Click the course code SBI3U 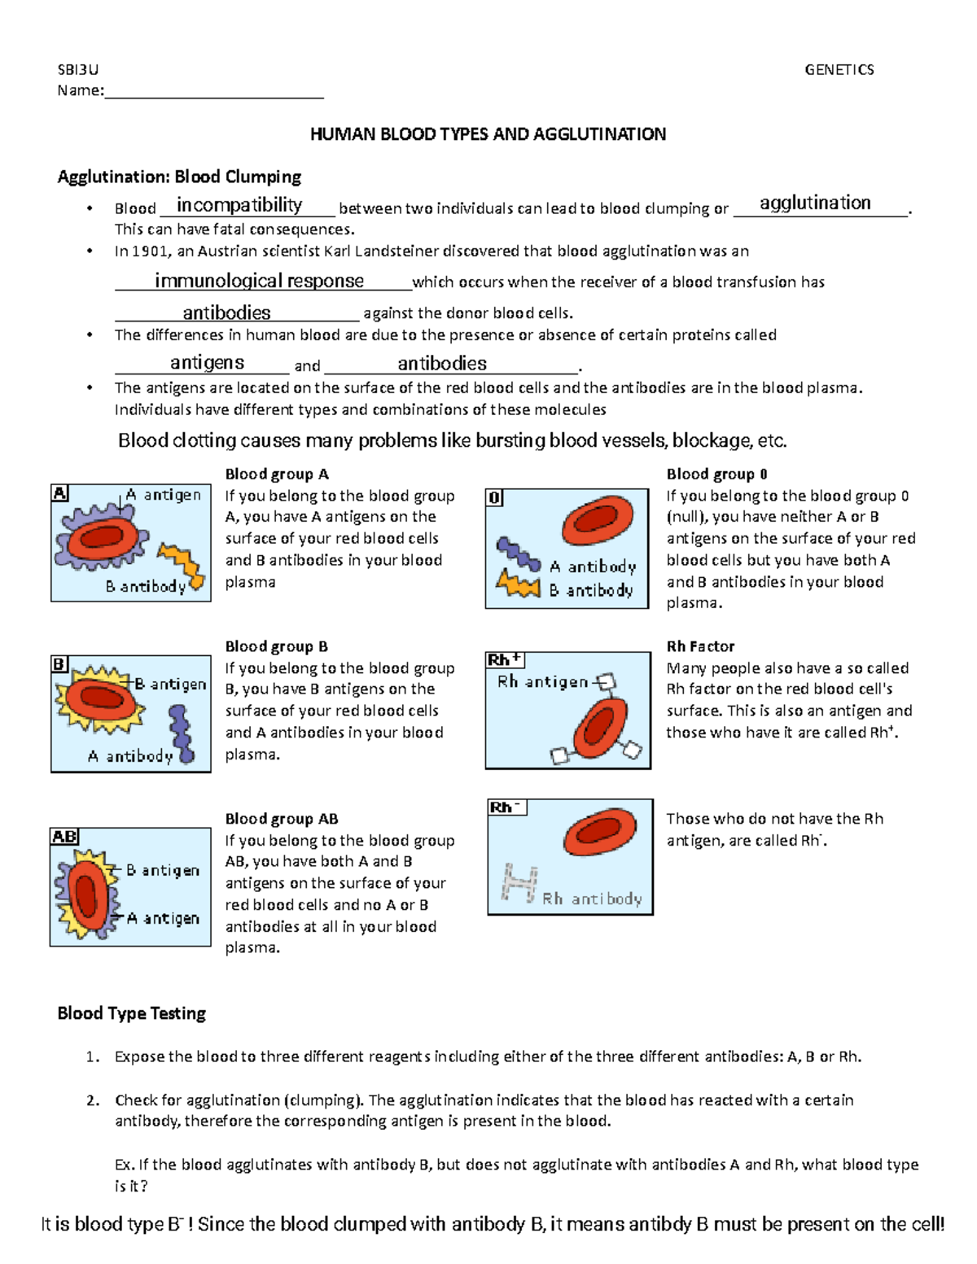click(77, 70)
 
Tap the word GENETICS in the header click(839, 70)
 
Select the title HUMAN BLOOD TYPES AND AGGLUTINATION click(488, 134)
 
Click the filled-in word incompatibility click(239, 204)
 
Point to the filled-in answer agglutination click(815, 203)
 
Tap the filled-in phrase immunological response click(259, 281)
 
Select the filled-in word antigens click(207, 362)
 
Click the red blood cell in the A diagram click(102, 537)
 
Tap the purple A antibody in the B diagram click(181, 733)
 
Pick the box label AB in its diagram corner click(64, 837)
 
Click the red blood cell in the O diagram click(598, 522)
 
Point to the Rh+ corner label click(505, 660)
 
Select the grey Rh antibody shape click(519, 883)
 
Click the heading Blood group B click(276, 647)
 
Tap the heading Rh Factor click(700, 647)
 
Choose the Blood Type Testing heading click(131, 1013)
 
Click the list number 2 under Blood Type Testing click(93, 1100)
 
